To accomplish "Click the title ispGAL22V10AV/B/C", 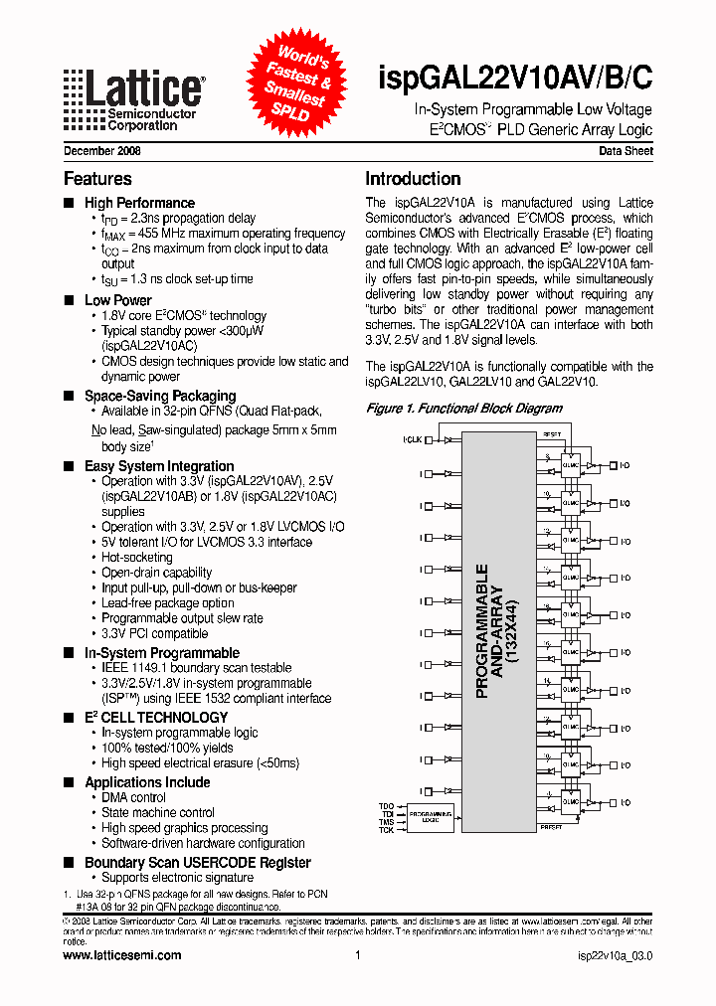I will coord(516,79).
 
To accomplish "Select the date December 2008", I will coord(101,152).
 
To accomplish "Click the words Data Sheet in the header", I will coord(626,152).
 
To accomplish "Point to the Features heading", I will coord(97,179).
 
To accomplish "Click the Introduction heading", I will coord(413,179).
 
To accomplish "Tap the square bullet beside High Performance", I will coord(69,203).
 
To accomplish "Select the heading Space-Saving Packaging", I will coord(159,396).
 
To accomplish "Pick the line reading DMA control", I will coord(133,797).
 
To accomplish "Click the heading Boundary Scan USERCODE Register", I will coord(197,863).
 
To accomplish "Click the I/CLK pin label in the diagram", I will coord(412,438).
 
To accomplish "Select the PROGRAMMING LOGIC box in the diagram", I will coord(431,817).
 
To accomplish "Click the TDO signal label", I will coord(386,804).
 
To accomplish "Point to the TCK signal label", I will coord(386,829).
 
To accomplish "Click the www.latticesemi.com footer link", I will coord(121,955).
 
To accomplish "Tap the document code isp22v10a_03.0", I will coord(615,955).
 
